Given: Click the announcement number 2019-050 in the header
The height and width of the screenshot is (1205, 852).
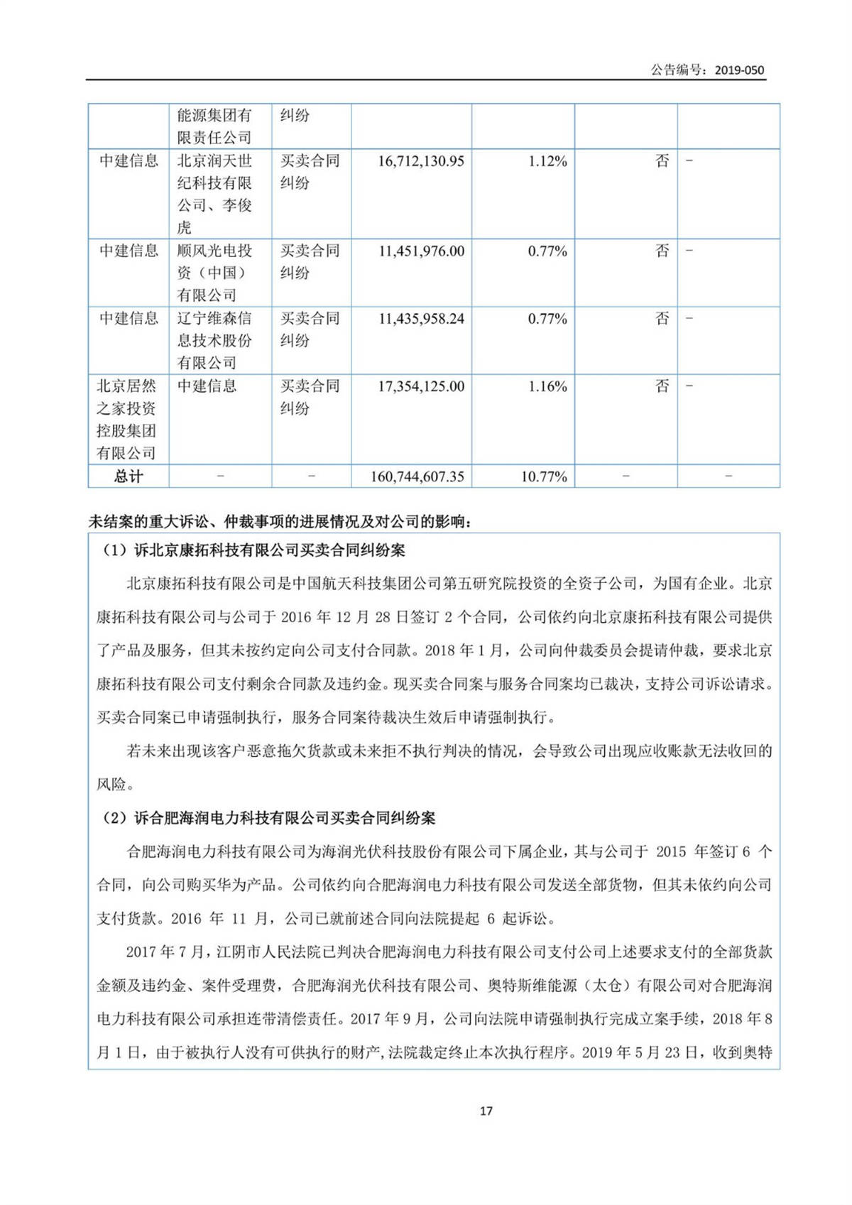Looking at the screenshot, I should (739, 70).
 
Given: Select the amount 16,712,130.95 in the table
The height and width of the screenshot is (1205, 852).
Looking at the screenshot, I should (421, 161).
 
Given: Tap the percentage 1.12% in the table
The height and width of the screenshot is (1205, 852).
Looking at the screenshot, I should (547, 161).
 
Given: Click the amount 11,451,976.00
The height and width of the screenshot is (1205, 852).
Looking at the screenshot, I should (421, 251).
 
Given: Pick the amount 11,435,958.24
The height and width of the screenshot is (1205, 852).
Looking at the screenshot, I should (421, 319).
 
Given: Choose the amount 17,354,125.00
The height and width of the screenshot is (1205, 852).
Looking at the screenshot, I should (421, 386).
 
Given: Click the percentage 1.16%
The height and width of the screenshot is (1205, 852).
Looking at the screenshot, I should (547, 386).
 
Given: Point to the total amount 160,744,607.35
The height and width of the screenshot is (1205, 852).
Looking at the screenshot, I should (417, 476).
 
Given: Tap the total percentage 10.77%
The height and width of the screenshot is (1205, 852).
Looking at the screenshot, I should (544, 476).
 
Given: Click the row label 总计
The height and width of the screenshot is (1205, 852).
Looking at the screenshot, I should (129, 476).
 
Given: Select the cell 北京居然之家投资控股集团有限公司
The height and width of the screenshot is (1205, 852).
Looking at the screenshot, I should (127, 419).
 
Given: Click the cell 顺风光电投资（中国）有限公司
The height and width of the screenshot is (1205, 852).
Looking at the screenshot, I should (214, 273).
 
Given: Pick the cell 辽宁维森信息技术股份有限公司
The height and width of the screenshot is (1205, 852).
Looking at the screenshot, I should (214, 340).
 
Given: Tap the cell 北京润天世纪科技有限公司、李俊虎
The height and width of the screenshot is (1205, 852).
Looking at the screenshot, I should (214, 194).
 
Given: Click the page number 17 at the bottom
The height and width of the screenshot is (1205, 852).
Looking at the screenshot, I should (486, 1111).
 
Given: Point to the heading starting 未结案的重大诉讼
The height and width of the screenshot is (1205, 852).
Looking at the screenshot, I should (281, 522).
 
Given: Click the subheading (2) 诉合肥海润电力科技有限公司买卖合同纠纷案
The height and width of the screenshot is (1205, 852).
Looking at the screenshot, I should (270, 818).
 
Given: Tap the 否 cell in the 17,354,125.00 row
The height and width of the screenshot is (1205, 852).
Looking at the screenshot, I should (662, 386).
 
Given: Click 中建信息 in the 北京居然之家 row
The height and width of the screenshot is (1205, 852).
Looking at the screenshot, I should (207, 386).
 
